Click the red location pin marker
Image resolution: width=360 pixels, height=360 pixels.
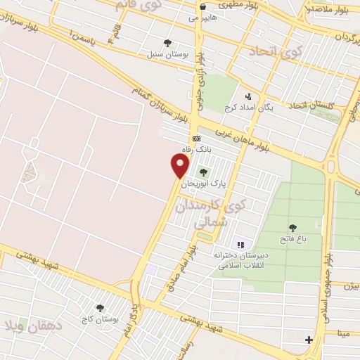(180, 166)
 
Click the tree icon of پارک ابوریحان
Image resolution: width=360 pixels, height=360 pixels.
(204, 172)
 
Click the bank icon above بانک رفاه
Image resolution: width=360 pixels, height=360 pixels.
(196, 139)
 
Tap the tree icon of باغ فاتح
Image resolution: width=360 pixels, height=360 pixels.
(292, 227)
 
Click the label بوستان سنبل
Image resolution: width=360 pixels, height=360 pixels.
(165, 54)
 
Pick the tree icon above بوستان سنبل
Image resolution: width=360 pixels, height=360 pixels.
(167, 42)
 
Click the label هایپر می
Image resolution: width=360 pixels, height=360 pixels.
(202, 18)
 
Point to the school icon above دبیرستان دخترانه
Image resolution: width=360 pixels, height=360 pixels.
(240, 245)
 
